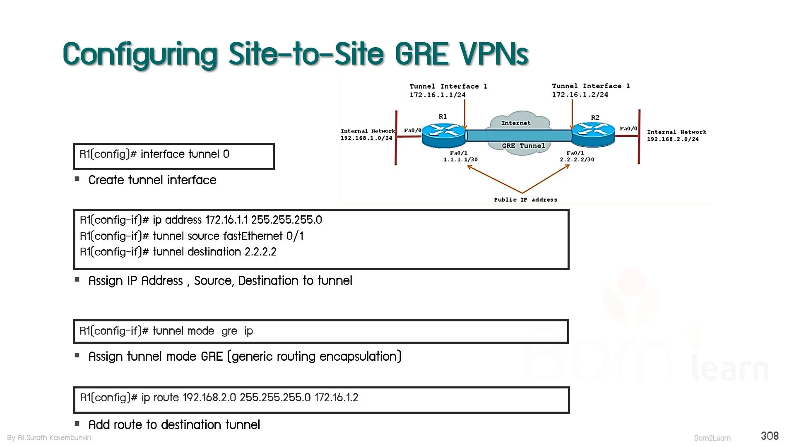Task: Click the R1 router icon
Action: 443,135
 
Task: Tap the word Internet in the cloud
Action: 516,123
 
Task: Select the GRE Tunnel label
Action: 523,146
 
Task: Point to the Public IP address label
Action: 526,200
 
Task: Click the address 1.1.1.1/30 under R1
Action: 460,159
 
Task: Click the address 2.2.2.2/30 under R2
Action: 577,159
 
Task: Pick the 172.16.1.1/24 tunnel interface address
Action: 438,95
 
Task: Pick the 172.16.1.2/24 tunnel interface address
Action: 580,94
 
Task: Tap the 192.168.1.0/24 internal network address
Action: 366,138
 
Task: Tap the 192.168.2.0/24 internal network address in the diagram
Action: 673,139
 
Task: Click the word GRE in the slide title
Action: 422,54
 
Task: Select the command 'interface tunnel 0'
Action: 185,154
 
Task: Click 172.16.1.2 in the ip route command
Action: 336,398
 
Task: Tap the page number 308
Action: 770,436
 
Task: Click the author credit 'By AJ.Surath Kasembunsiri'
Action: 49,438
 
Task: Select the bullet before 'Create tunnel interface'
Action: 77,179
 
